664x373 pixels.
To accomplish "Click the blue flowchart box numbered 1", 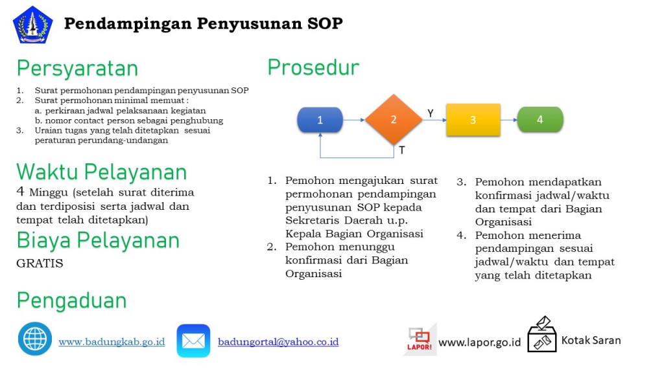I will (x=320, y=120).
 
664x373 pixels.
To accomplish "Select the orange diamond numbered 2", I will (x=394, y=120).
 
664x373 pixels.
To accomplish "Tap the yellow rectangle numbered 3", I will (x=473, y=120).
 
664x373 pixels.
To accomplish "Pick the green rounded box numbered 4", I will (x=539, y=120).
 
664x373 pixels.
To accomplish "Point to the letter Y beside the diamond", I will (x=430, y=113).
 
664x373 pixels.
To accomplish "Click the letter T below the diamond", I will (x=401, y=150).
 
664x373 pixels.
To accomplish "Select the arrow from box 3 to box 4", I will (x=508, y=120).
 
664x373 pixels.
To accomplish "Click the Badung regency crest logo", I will (x=32, y=25).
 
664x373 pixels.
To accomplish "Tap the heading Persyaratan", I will (x=77, y=68).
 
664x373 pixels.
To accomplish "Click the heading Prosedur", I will (x=313, y=67).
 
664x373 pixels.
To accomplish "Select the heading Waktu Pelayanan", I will (x=102, y=172).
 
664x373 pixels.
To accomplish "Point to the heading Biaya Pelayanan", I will (x=98, y=240).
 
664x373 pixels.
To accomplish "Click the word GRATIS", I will (x=40, y=264).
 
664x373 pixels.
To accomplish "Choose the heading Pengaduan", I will (x=71, y=300).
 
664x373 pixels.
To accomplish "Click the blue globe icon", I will (x=35, y=339).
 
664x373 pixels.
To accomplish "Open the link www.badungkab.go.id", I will (x=112, y=341).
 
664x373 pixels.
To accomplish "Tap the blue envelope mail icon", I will (x=193, y=341).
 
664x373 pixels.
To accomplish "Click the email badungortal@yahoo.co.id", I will (x=278, y=341).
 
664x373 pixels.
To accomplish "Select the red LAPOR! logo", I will (x=419, y=339).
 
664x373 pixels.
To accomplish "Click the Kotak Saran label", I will (x=591, y=340).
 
